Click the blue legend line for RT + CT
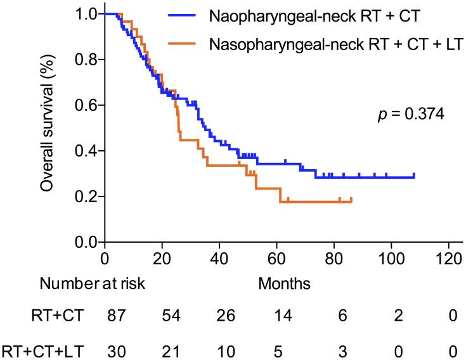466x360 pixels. click(x=188, y=16)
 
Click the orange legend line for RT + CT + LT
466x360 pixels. click(x=188, y=44)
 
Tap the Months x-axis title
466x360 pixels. click(x=284, y=283)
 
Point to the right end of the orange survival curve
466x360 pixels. click(x=351, y=200)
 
